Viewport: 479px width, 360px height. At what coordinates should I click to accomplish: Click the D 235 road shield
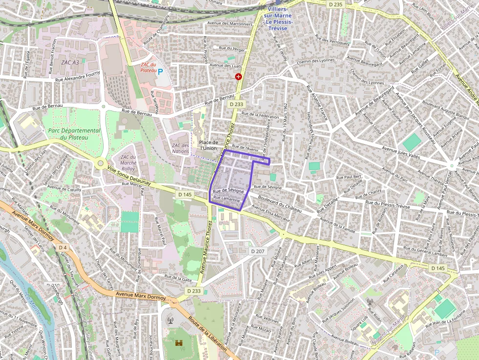click(x=336, y=4)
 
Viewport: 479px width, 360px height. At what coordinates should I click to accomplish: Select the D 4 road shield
click(x=63, y=248)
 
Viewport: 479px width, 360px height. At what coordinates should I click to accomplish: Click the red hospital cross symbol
click(x=239, y=77)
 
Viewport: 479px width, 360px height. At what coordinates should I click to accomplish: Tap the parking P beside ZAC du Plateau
click(x=160, y=71)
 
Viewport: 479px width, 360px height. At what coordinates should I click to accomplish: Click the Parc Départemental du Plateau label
click(x=74, y=134)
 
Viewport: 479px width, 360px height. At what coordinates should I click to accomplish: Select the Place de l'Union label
click(x=208, y=145)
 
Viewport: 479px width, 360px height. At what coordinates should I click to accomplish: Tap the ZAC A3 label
click(x=69, y=63)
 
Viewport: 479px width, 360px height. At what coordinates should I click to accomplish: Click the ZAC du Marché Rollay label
click(x=128, y=163)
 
